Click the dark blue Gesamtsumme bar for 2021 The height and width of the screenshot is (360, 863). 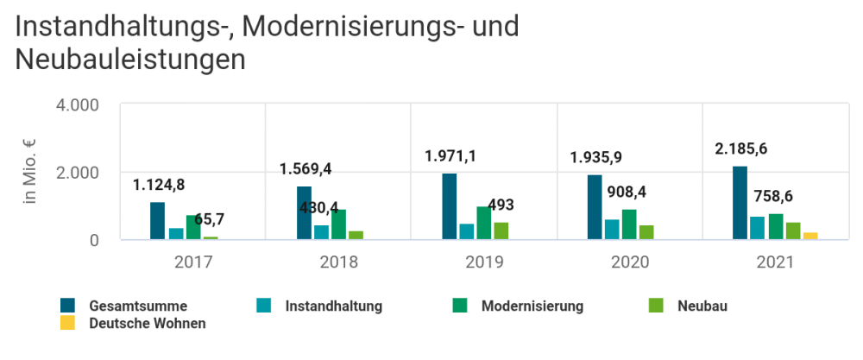point(740,202)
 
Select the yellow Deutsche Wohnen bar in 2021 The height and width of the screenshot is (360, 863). point(809,235)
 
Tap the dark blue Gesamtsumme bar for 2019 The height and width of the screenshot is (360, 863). point(449,206)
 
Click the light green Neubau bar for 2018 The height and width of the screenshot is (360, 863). point(356,234)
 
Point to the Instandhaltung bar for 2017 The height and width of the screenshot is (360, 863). point(175,233)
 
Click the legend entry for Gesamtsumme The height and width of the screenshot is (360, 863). point(138,305)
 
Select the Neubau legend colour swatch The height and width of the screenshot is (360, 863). point(656,305)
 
